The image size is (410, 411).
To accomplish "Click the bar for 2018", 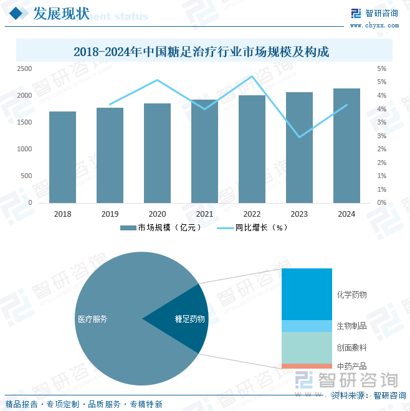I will pyautogui.click(x=62, y=157).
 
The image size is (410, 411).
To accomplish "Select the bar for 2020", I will pyautogui.click(x=157, y=153).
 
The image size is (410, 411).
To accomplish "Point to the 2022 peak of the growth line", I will pyautogui.click(x=252, y=77).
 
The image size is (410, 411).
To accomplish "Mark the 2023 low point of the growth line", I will pyautogui.click(x=299, y=137).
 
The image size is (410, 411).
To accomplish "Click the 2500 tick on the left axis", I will pyautogui.click(x=24, y=68).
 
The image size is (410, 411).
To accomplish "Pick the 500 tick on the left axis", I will pyautogui.click(x=26, y=176).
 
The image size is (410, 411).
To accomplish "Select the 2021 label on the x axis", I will pyautogui.click(x=204, y=214).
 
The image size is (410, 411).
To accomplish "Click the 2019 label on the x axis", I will pyautogui.click(x=110, y=214).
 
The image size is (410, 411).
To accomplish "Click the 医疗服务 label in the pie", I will pyautogui.click(x=92, y=319).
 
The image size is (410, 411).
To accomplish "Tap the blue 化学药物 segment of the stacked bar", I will pyautogui.click(x=307, y=294).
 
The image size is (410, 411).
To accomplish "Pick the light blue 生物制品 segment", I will pyautogui.click(x=307, y=326).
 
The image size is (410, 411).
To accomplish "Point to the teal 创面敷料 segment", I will pyautogui.click(x=307, y=347).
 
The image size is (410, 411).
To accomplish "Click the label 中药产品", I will pyautogui.click(x=351, y=366).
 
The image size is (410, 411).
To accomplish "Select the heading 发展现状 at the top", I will pyautogui.click(x=60, y=14).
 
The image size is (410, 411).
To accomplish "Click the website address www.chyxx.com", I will pyautogui.click(x=374, y=26).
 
